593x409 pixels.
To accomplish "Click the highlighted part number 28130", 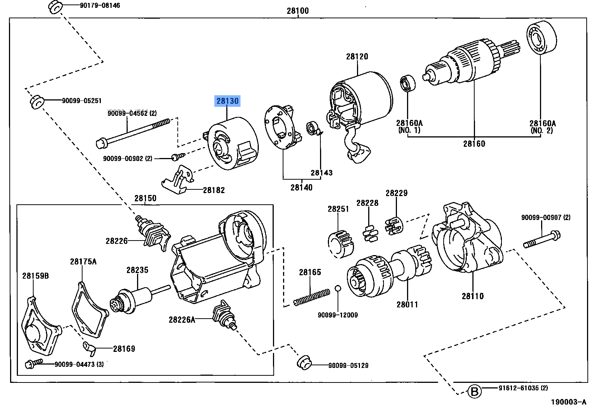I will [227, 101].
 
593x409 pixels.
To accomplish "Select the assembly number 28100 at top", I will [298, 11].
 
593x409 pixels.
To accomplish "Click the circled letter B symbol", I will [474, 392].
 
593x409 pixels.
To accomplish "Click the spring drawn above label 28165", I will [311, 297].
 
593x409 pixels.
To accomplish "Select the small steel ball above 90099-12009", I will [338, 288].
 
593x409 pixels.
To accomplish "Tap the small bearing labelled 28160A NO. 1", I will [408, 83].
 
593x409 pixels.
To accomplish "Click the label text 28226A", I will [181, 319].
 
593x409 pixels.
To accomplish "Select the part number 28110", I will [472, 296].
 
